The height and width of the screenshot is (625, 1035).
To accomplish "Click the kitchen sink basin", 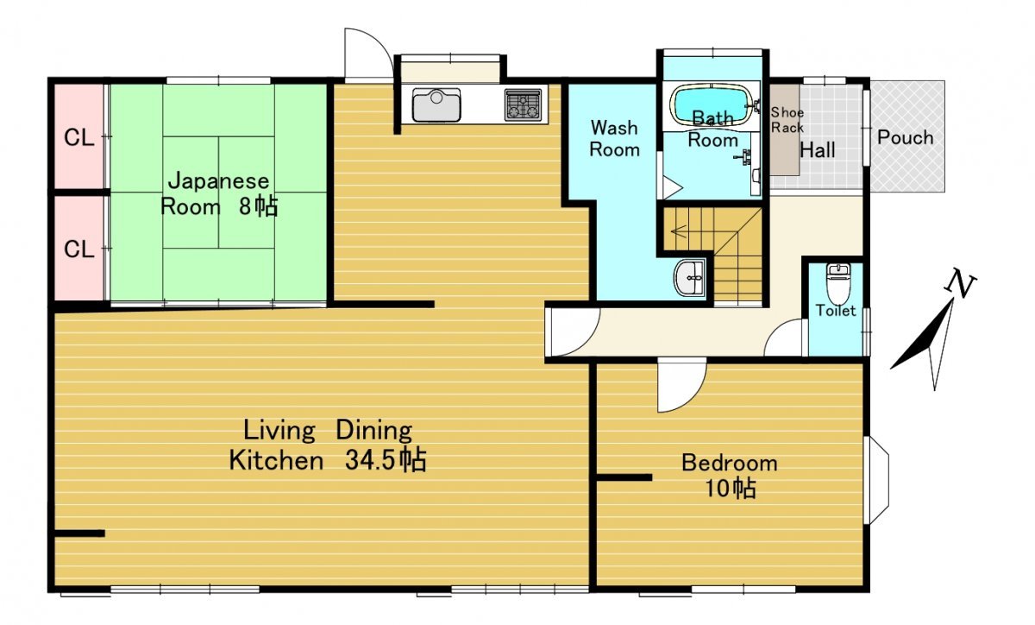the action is point(436,105).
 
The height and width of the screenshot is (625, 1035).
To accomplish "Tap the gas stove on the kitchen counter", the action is point(523,105).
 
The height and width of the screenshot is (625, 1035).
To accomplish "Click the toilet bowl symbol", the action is point(837,283).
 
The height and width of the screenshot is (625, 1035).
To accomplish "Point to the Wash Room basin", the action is point(689,278).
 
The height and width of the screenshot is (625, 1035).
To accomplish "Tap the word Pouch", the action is point(905,137).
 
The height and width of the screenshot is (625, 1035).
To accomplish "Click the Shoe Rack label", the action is point(787,120).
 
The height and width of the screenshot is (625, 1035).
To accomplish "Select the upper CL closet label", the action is point(79,137).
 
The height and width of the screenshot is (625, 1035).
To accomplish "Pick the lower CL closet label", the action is point(79,249).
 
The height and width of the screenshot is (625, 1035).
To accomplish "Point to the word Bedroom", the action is point(730,463).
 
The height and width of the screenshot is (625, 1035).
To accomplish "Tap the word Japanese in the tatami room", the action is point(218,181).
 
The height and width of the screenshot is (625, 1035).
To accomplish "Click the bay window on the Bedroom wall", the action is point(877,480).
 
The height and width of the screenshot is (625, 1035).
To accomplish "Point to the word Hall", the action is point(818,150).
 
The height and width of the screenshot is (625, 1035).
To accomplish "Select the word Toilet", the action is point(836,311).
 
